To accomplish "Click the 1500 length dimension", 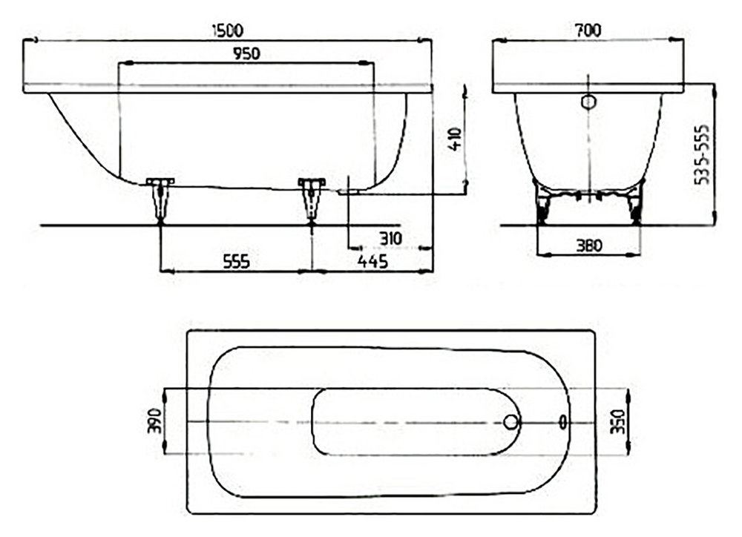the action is [x=228, y=30].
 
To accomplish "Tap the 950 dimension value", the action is [x=246, y=54].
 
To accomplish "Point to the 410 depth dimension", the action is [x=455, y=139].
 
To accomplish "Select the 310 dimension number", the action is [x=391, y=238].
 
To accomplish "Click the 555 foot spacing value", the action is [x=236, y=261].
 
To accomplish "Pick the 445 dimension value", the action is [x=373, y=261].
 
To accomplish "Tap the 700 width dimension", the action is [x=588, y=30].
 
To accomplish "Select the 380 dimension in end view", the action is [x=589, y=246].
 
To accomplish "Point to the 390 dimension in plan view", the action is [x=155, y=421].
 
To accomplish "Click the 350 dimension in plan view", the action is [x=618, y=421].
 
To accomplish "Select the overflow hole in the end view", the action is [x=588, y=102].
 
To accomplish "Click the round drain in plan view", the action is [x=511, y=422].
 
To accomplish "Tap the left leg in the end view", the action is [x=542, y=203].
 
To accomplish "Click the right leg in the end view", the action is [x=636, y=203].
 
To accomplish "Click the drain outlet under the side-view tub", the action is [x=349, y=192].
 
